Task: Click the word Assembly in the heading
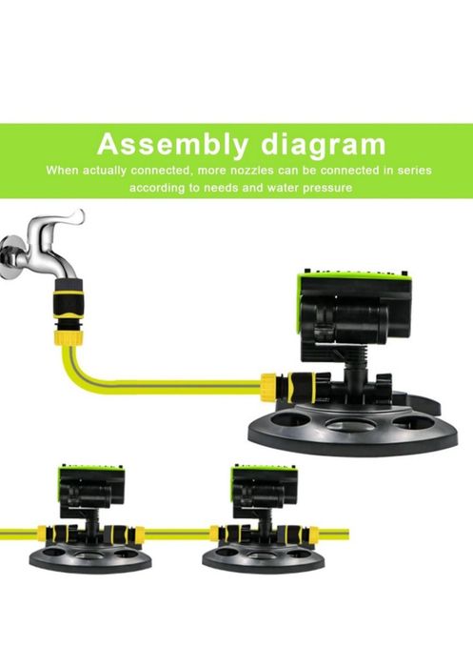172,144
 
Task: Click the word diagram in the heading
324,145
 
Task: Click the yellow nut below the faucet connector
69,337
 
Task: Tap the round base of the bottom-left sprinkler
90,558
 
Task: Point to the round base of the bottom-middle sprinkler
264,558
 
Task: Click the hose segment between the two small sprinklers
177,533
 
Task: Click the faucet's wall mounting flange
10,257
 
